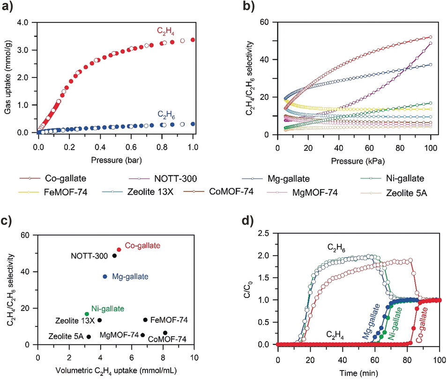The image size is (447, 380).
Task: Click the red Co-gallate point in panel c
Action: [119, 250]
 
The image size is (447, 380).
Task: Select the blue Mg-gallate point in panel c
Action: [105, 276]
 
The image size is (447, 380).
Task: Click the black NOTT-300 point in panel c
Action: [114, 256]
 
